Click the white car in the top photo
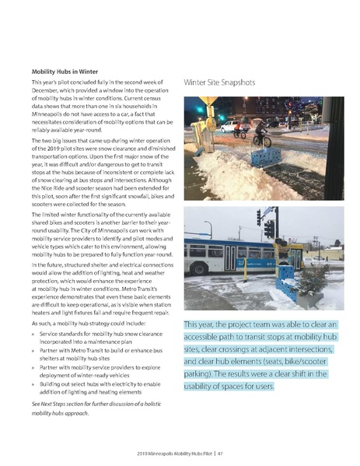(231, 125)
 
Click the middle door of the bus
(232, 259)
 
